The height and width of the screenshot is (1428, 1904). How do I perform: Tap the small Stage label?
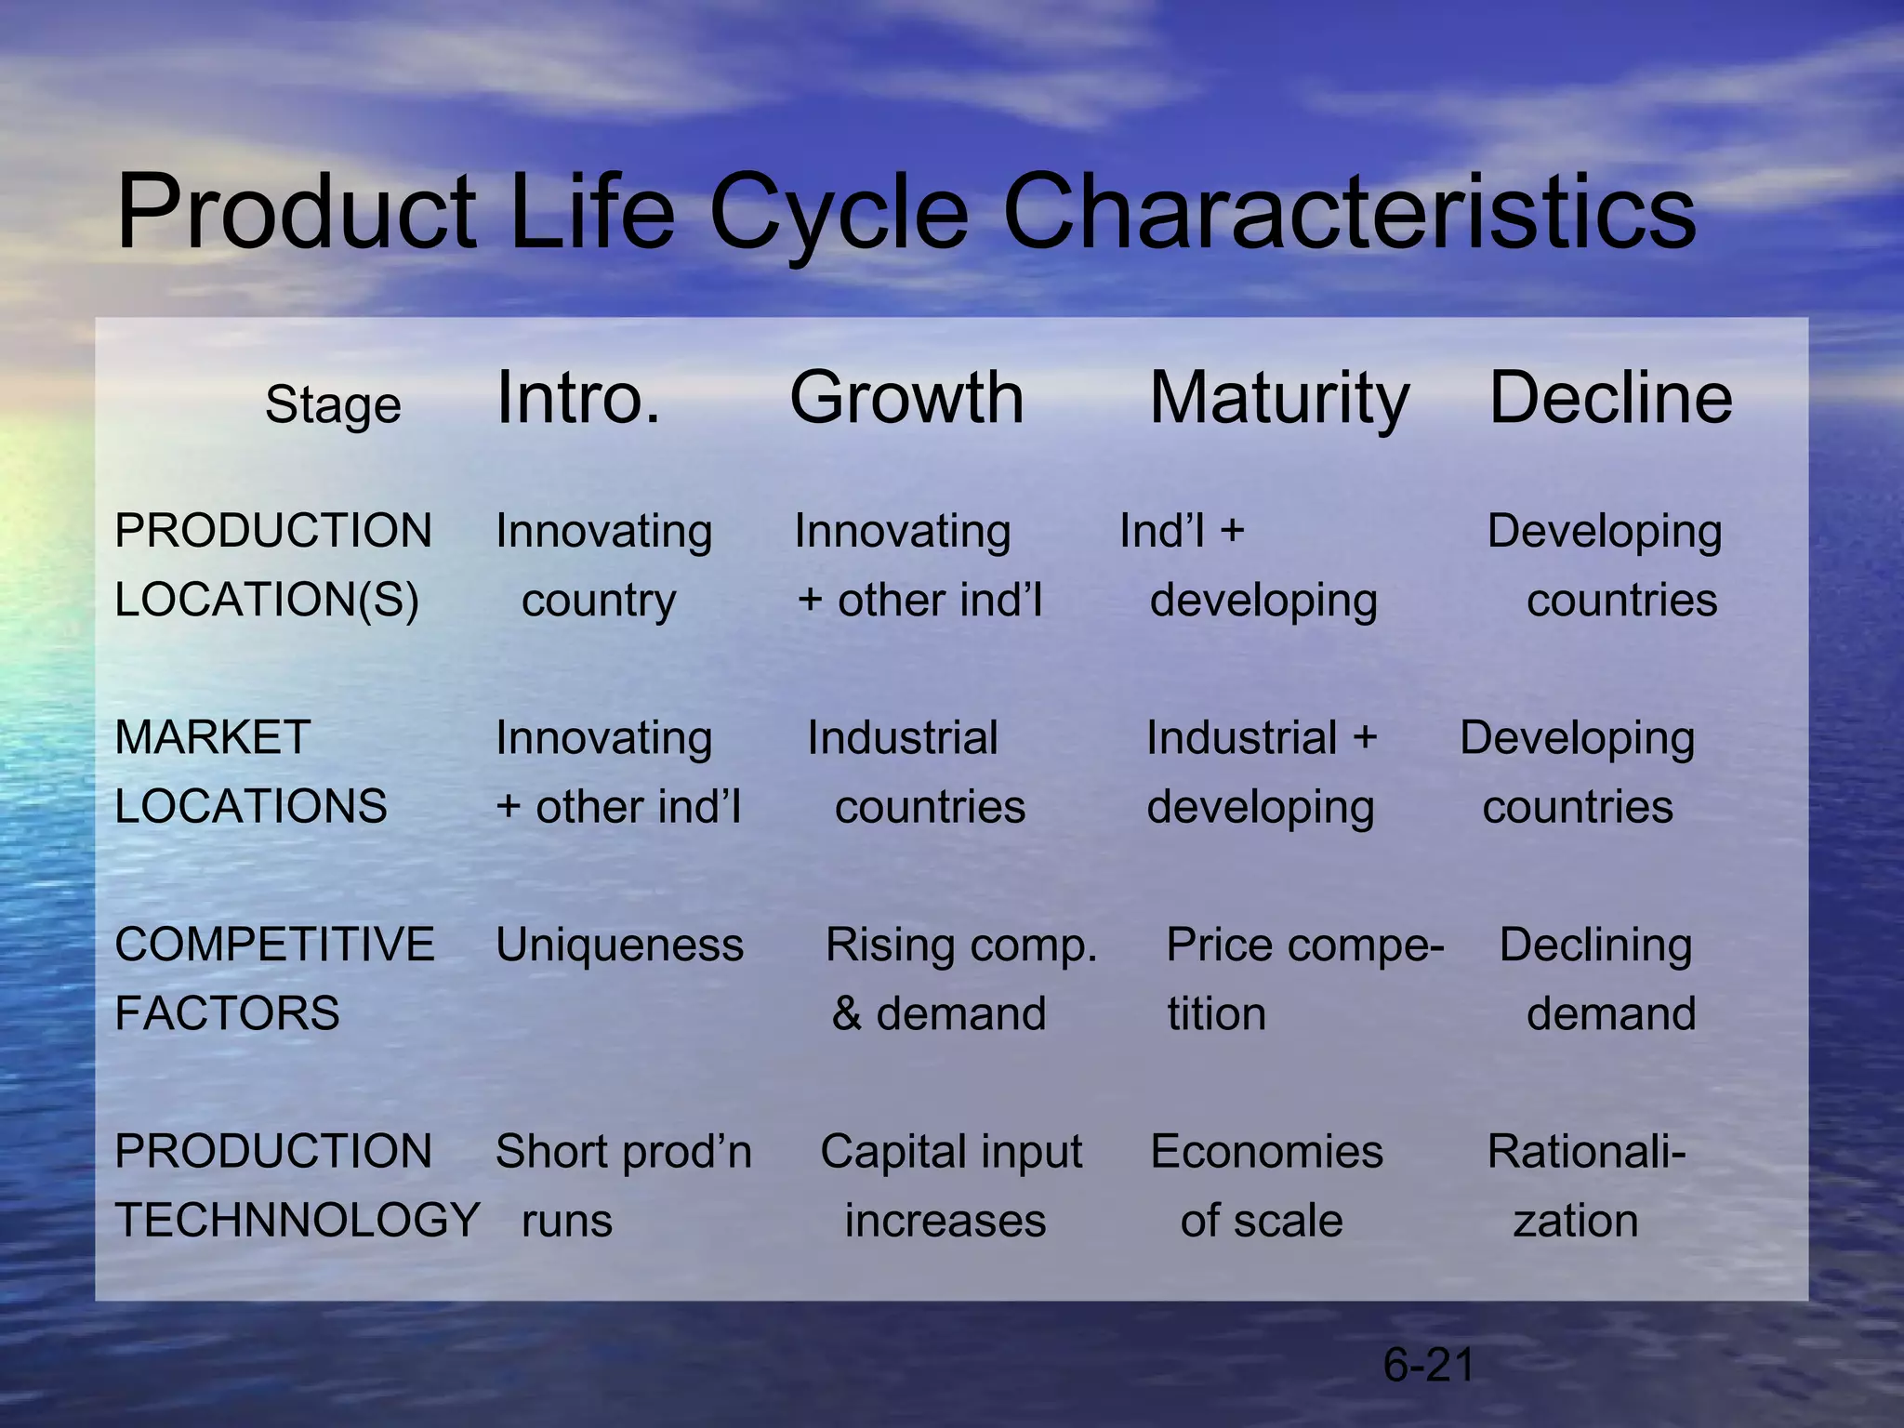click(333, 405)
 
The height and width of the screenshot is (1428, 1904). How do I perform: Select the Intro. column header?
click(578, 398)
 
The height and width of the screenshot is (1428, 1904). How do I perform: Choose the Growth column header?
click(906, 398)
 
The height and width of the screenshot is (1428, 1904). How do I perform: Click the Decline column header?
click(1610, 398)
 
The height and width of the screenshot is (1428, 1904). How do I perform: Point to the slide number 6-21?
click(1428, 1365)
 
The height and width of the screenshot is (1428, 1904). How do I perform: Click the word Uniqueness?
click(619, 945)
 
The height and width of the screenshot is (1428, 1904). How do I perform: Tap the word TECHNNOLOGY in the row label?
click(297, 1220)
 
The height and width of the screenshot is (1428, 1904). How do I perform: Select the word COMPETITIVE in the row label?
click(274, 945)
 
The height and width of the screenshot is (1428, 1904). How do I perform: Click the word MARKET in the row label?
click(212, 737)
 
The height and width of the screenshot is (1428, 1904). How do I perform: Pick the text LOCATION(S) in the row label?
click(267, 600)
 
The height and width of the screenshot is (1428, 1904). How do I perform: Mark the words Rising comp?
click(961, 945)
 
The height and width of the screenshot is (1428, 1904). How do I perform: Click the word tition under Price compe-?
click(1216, 1013)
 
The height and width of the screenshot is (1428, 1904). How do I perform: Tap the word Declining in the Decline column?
click(1595, 946)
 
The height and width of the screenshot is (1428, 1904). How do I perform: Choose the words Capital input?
click(951, 1153)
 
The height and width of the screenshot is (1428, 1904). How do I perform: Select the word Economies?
click(1266, 1152)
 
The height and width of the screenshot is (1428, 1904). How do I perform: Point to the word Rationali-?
click(1586, 1152)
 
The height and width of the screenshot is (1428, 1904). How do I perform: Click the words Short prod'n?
click(623, 1152)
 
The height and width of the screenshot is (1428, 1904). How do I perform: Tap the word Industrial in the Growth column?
click(902, 738)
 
